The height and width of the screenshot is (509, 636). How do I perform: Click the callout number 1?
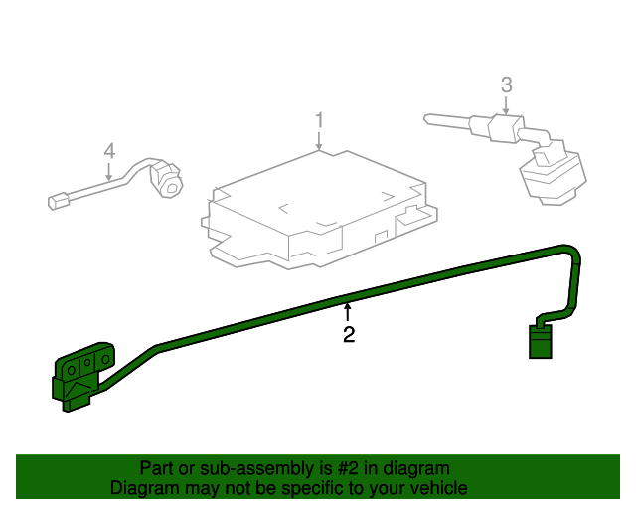tap(319, 120)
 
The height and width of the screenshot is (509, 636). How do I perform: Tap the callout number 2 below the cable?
tap(349, 335)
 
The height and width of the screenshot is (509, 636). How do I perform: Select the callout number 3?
tap(506, 85)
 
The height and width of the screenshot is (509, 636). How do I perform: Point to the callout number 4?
tap(109, 151)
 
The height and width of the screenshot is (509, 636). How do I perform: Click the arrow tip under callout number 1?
tap(319, 149)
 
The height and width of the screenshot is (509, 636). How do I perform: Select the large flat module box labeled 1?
tap(308, 209)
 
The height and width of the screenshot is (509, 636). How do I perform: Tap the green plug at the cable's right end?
tap(539, 341)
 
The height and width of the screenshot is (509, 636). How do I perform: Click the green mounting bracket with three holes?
tap(84, 376)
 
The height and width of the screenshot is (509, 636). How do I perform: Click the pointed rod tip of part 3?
tap(429, 118)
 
